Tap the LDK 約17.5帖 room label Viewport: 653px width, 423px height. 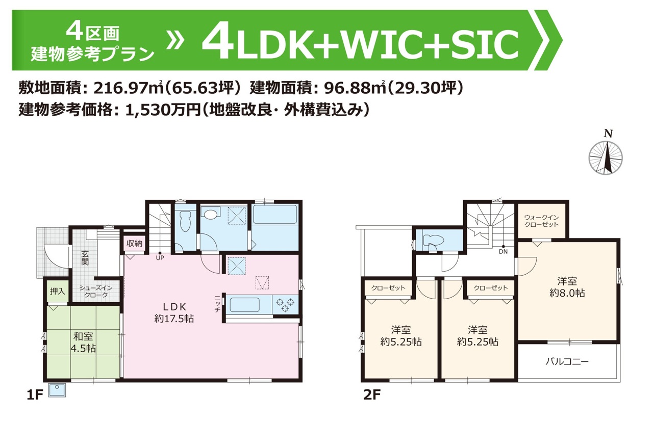point(174,312)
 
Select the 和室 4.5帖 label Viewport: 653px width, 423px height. point(83,342)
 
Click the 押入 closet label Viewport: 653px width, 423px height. point(58,291)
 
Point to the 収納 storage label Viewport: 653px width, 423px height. point(135,243)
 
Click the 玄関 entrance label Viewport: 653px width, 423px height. point(85,258)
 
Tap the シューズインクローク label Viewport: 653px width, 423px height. point(96,292)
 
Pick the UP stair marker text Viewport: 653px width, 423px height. point(160,258)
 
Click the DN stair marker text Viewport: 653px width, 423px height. point(503,251)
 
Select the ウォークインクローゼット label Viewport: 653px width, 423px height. point(542,221)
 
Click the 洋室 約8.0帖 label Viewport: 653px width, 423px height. point(567,287)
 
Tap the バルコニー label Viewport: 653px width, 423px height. point(567,362)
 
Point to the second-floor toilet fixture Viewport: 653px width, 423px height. point(433,241)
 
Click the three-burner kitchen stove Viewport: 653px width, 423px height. point(285,305)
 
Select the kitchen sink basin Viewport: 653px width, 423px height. point(244,305)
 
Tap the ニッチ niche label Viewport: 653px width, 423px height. point(217,304)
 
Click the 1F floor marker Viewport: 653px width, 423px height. point(35,395)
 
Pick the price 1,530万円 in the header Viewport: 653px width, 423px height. point(162,110)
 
